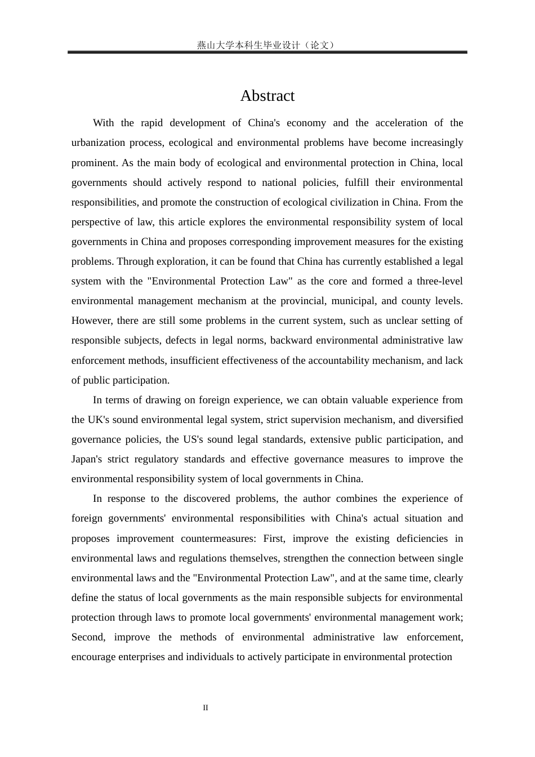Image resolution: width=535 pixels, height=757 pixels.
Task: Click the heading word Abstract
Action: tap(267, 96)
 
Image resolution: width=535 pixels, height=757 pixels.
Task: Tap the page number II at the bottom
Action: tap(206, 708)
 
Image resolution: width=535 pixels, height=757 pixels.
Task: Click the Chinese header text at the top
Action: tap(267, 45)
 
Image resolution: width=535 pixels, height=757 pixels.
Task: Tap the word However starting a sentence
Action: tap(92, 320)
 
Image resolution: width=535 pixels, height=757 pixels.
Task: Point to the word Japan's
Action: tap(87, 459)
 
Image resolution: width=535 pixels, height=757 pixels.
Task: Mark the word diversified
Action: tap(440, 420)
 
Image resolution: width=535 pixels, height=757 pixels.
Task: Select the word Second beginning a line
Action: tap(88, 637)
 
